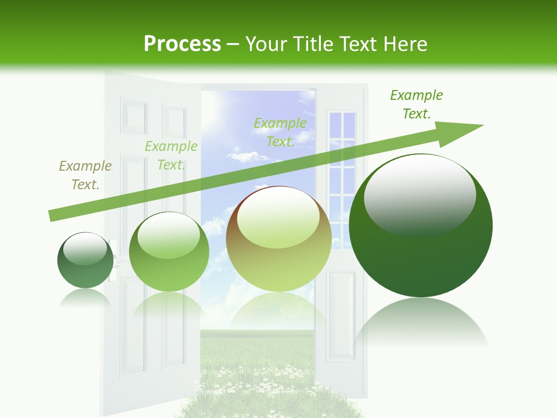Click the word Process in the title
182,44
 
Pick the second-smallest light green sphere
169,253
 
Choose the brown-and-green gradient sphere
278,239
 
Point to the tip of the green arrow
482,125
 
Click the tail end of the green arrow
51,216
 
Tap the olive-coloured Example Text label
85,175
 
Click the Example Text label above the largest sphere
417,105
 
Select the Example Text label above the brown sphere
280,132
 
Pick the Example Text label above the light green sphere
171,156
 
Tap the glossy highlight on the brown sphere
278,217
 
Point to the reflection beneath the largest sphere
421,325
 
